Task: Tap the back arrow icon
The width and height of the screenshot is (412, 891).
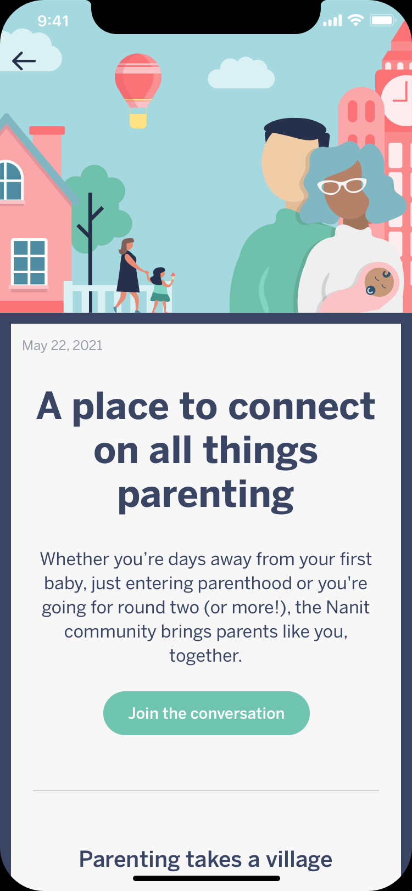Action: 24,61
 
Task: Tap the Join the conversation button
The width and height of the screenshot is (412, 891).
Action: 207,713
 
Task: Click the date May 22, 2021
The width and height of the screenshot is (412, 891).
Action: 63,345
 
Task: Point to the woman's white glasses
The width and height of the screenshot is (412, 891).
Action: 342,186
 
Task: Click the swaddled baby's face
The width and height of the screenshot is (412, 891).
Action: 379,282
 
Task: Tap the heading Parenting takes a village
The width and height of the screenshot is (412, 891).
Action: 205,859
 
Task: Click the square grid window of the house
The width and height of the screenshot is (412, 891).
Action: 29,262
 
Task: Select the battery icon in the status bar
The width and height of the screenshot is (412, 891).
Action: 382,20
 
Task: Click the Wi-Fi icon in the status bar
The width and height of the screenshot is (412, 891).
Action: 356,20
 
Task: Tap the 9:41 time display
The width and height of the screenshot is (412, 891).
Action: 53,21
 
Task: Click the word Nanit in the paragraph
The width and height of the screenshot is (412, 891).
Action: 348,607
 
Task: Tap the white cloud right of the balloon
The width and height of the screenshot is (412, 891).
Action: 241,73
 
